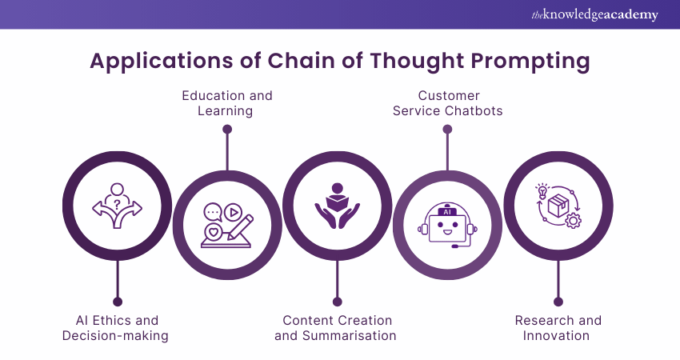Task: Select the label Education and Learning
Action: (x=226, y=103)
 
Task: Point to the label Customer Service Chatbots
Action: (x=447, y=103)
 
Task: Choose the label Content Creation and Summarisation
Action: (x=335, y=328)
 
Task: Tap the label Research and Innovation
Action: (x=557, y=328)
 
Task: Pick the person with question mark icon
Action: (x=117, y=206)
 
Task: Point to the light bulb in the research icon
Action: (x=542, y=191)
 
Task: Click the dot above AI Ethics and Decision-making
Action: (x=118, y=302)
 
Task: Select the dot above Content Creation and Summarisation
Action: (x=337, y=302)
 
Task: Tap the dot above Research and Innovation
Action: (x=558, y=302)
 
